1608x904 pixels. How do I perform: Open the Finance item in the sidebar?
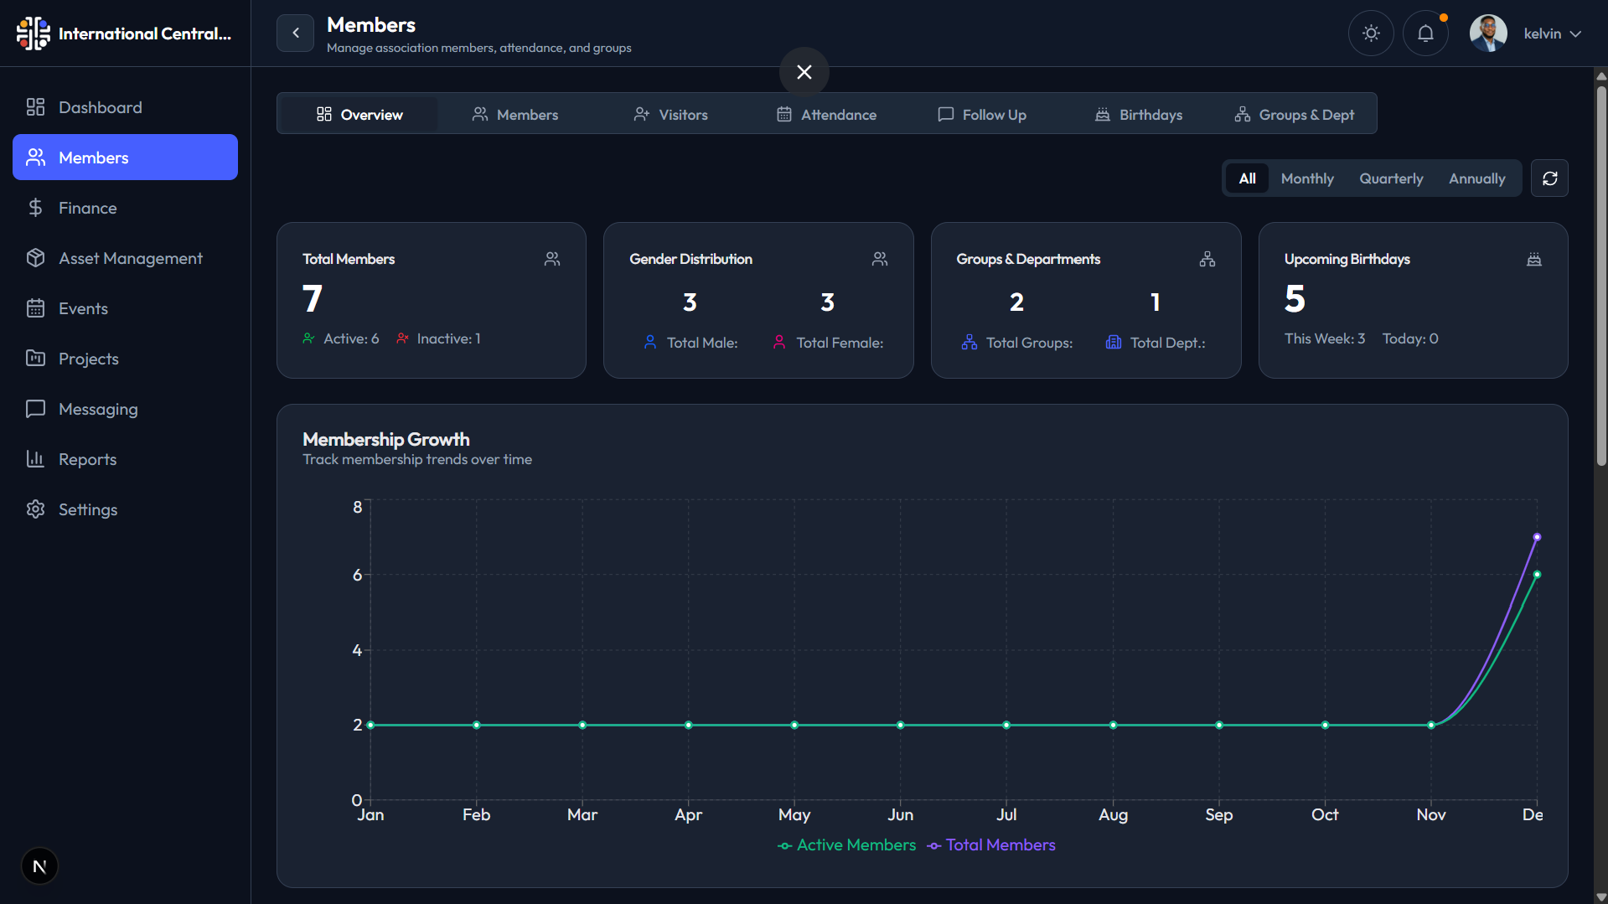tap(87, 208)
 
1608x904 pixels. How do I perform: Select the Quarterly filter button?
tap(1391, 178)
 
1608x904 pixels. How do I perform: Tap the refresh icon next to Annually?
tap(1549, 178)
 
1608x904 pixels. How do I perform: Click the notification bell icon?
tap(1425, 34)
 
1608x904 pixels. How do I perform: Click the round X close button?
tap(804, 72)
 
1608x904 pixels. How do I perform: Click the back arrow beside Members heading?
tap(295, 34)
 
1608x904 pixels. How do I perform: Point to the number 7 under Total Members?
tap(313, 299)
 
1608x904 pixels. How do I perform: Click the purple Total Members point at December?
tap(1537, 537)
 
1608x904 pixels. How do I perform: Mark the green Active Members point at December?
tap(1537, 575)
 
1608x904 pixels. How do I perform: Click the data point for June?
tap(901, 725)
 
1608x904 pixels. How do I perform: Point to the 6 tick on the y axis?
tap(358, 575)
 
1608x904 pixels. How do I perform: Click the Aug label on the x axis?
tap(1113, 814)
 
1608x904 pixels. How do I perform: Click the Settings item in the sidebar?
tap(87, 509)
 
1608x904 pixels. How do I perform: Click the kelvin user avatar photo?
tap(1488, 34)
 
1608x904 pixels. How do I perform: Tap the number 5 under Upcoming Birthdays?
tap(1295, 299)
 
